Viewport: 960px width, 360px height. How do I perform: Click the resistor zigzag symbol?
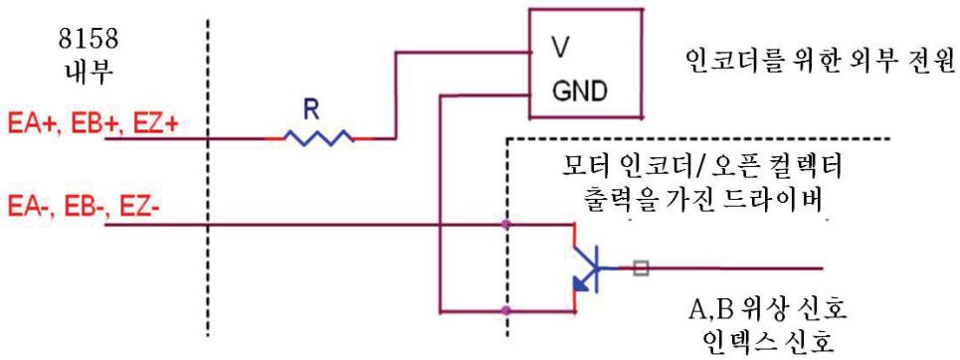pyautogui.click(x=318, y=138)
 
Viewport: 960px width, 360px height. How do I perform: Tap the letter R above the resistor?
pyautogui.click(x=312, y=109)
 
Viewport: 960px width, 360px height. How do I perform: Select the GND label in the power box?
pyautogui.click(x=579, y=91)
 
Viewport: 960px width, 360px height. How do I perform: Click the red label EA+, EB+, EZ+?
pyautogui.click(x=93, y=124)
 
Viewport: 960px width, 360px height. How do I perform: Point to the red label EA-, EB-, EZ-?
pyautogui.click(x=84, y=206)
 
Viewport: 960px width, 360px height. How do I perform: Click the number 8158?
pyautogui.click(x=89, y=41)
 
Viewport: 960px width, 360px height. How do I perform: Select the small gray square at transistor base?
pyautogui.click(x=641, y=268)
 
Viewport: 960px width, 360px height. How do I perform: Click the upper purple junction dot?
pyautogui.click(x=505, y=225)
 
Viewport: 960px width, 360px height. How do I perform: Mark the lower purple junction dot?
pyautogui.click(x=505, y=310)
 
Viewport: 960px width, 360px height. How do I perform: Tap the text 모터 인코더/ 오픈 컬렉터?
pyautogui.click(x=701, y=166)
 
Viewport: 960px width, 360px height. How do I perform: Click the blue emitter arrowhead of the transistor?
pyautogui.click(x=580, y=282)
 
